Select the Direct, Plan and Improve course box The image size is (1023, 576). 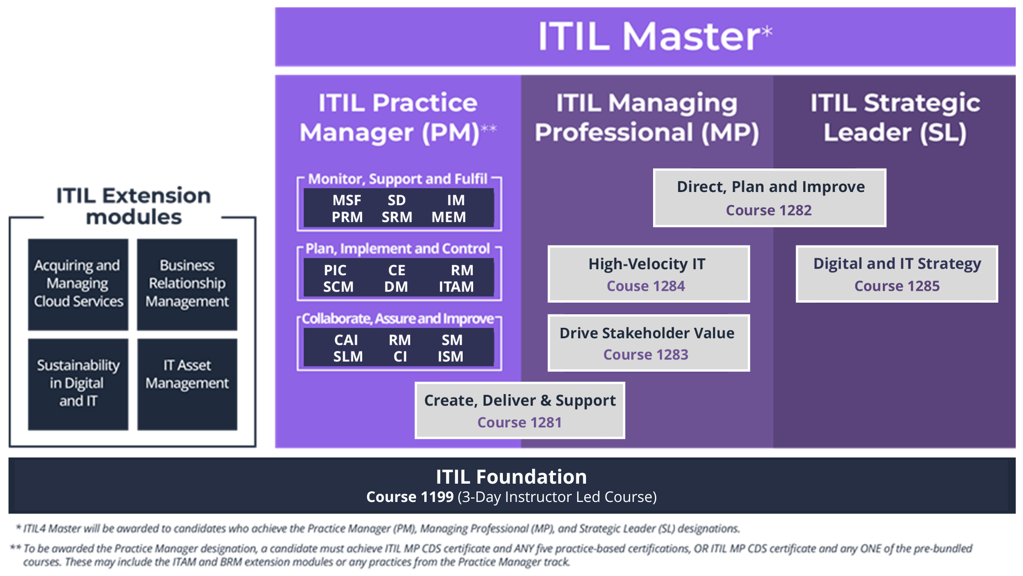click(770, 197)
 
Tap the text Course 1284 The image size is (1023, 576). click(646, 286)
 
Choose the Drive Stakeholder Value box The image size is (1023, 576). click(649, 343)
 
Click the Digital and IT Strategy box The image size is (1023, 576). click(896, 274)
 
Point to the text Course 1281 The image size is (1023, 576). click(519, 422)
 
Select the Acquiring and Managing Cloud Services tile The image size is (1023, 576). click(78, 284)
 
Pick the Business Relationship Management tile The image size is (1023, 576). click(187, 284)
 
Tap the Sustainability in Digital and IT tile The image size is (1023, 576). click(78, 384)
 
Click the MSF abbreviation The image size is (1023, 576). click(347, 200)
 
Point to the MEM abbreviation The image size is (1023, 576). click(449, 217)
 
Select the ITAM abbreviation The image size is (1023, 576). click(456, 287)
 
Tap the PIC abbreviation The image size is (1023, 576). click(335, 270)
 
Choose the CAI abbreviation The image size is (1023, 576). click(346, 340)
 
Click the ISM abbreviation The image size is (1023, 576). click(450, 357)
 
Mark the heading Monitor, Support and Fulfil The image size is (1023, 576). click(398, 179)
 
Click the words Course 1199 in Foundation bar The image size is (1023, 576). click(410, 497)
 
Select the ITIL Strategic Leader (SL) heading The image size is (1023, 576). click(895, 117)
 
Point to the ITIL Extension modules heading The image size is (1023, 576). click(133, 206)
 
